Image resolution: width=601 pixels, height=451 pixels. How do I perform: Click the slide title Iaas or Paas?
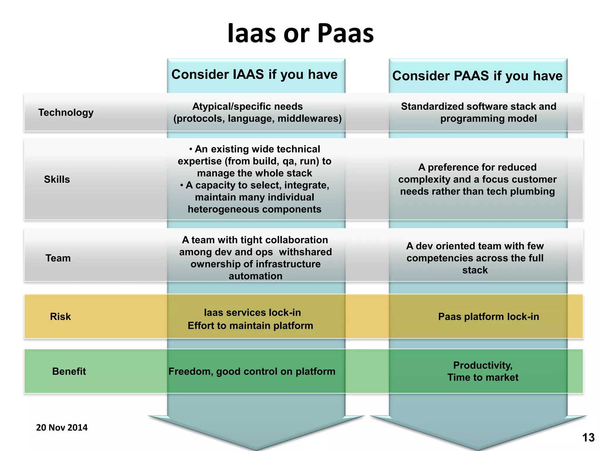(300, 33)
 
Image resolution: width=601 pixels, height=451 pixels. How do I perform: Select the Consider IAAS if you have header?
(254, 74)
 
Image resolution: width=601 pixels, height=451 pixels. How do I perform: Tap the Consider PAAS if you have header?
(477, 76)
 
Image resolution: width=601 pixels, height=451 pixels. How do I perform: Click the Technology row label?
(66, 112)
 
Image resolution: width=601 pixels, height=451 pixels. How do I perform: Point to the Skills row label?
(57, 179)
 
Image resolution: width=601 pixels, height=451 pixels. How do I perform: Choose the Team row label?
(58, 258)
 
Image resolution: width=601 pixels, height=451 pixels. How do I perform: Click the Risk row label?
(60, 317)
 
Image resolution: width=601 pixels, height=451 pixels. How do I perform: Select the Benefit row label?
(69, 371)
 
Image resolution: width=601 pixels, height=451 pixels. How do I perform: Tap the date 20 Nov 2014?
(62, 428)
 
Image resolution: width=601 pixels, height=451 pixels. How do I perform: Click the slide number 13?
(588, 438)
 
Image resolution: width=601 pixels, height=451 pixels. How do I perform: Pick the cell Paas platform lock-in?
(488, 317)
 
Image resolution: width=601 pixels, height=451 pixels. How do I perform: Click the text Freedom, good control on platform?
(252, 371)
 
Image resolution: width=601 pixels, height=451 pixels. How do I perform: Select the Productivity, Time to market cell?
(483, 371)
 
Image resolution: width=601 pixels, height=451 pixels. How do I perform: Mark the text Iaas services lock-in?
(252, 312)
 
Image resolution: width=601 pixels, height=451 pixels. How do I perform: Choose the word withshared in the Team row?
(305, 252)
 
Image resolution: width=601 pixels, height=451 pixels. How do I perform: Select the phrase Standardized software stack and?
(478, 106)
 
